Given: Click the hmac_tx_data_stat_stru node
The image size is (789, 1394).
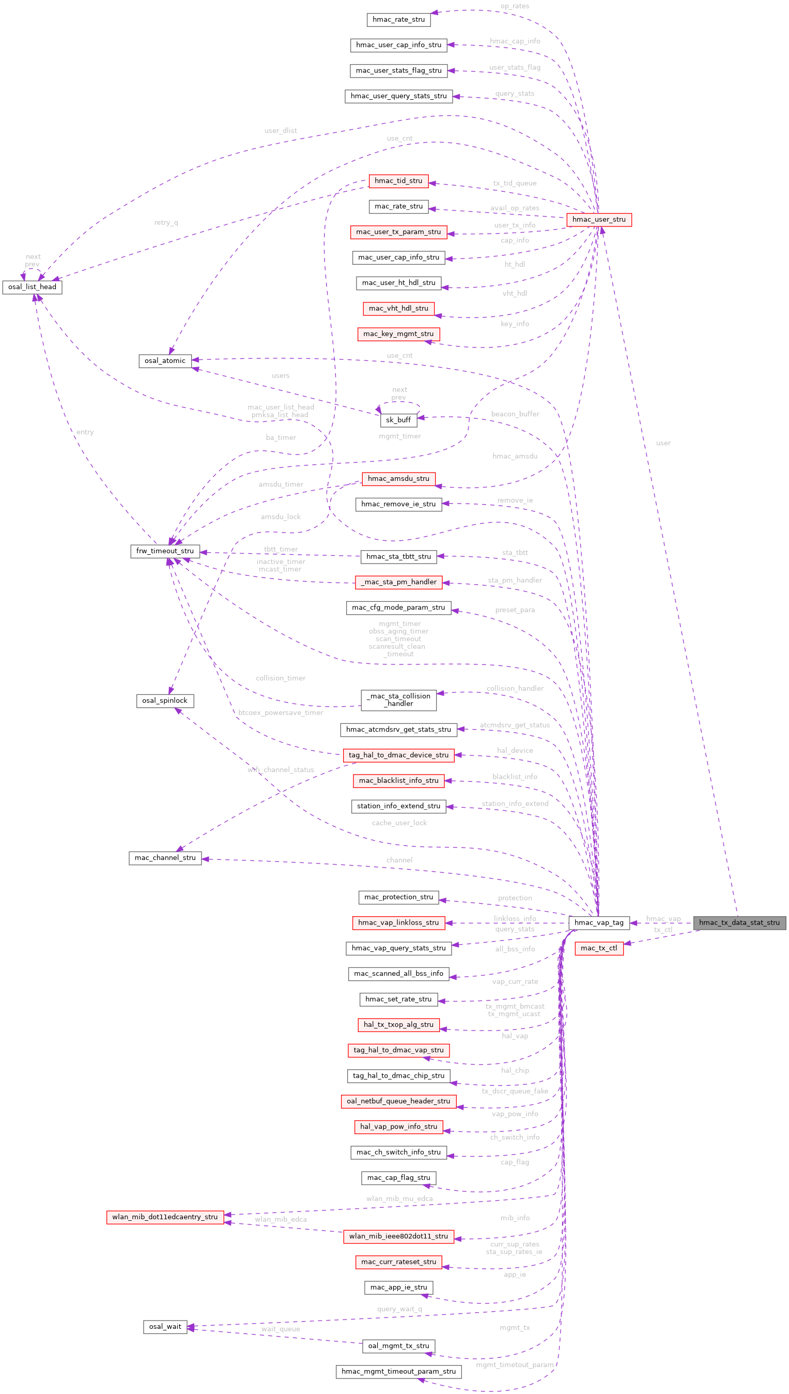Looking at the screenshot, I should [x=739, y=922].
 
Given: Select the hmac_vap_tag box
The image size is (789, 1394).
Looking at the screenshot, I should [x=598, y=922].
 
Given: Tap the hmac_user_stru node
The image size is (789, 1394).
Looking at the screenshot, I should [x=599, y=220].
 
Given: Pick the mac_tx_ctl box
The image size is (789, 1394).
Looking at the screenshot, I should [x=599, y=948].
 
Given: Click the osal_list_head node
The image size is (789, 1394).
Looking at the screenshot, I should [x=32, y=287].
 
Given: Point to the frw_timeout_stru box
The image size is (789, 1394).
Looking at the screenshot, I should [x=165, y=551].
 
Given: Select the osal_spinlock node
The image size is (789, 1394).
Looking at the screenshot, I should [x=165, y=701].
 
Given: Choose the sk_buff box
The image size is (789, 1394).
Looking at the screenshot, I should [x=398, y=420].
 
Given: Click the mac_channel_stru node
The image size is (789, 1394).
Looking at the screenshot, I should [x=165, y=858].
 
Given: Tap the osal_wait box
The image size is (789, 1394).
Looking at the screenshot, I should [x=165, y=1326].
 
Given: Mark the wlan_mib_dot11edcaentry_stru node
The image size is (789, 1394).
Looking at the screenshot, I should [x=165, y=1217].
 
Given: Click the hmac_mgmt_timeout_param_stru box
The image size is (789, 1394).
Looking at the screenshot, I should [x=398, y=1371].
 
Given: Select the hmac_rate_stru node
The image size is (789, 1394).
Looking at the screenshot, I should [x=398, y=20].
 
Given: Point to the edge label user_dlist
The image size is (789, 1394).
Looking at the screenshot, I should [x=281, y=131].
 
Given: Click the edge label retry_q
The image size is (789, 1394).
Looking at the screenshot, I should [x=166, y=222].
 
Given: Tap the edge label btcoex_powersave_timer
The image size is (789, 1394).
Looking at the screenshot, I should [x=281, y=713].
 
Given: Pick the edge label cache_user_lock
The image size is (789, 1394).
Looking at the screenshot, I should [x=399, y=823].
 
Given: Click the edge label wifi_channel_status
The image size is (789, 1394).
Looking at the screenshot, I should [x=281, y=770].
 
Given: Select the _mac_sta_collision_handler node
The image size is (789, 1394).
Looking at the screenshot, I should [x=398, y=700].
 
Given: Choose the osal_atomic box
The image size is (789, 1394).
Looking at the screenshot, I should [x=165, y=360].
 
